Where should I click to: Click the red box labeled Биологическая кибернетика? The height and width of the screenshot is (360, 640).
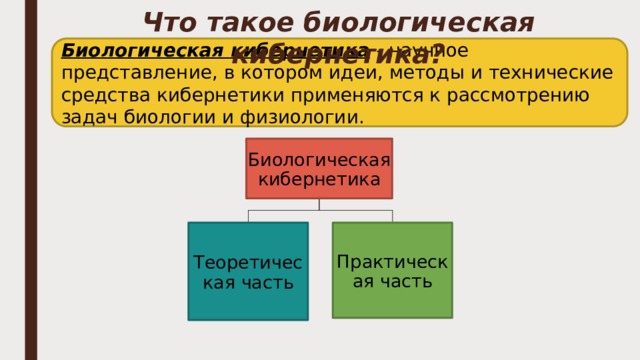point(319,168)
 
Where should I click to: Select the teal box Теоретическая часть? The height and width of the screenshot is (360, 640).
point(248,271)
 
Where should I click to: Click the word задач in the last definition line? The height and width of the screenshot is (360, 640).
point(86,118)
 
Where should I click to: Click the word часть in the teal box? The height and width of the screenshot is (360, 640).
point(263,282)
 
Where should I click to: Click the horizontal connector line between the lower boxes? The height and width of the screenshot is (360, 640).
point(320,211)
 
